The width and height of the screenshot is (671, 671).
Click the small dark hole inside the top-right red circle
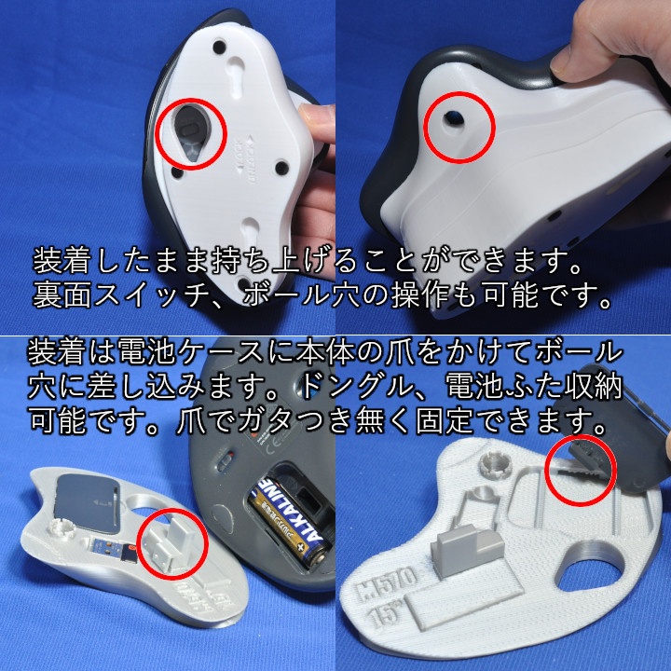(457, 118)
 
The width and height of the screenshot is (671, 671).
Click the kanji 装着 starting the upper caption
(62, 256)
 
